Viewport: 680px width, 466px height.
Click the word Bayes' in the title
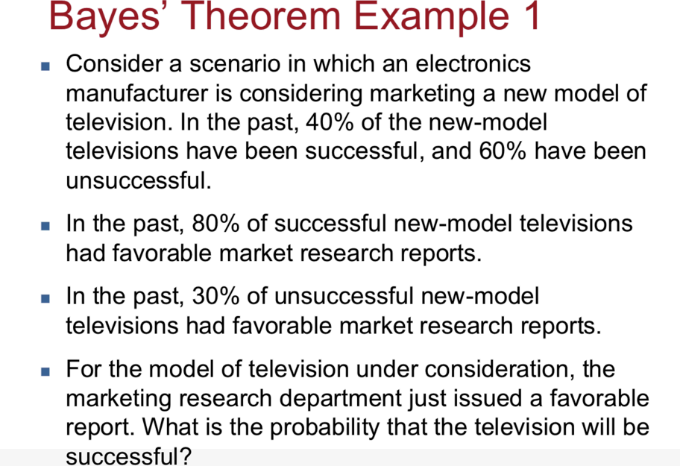coord(104,17)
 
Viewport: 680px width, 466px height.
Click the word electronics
coord(473,63)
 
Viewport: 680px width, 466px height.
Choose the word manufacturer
coord(137,93)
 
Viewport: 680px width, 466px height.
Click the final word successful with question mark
coord(129,456)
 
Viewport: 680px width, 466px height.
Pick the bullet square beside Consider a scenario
coord(45,66)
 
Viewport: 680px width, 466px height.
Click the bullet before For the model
coord(45,371)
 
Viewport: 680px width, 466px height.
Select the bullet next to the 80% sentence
coord(45,225)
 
